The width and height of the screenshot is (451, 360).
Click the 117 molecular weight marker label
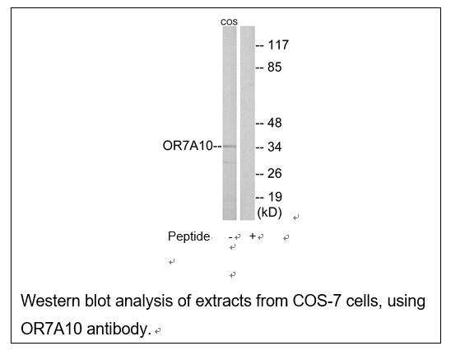point(278,45)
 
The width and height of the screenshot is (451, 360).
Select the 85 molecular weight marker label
point(274,68)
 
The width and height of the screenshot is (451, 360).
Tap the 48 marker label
point(274,123)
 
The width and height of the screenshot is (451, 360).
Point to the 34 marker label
point(274,147)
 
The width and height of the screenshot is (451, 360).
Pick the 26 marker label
point(274,173)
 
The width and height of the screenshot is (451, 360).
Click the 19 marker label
point(275,197)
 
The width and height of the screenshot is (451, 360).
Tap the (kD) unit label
point(269,213)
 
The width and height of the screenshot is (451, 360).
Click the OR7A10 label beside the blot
point(188,146)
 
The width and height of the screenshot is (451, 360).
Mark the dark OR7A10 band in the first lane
point(230,147)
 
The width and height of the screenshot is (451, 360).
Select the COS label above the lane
point(229,22)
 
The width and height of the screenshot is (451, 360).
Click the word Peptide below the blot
point(188,236)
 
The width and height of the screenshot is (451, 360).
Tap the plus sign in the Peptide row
point(253,236)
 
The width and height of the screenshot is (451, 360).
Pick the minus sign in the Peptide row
point(230,237)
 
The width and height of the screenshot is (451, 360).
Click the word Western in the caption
point(50,301)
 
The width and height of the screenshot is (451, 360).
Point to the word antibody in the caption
point(119,329)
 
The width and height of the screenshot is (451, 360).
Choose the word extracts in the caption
point(223,302)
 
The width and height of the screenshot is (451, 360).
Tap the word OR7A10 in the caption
point(52,329)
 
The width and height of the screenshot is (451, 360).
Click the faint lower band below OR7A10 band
point(230,162)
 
